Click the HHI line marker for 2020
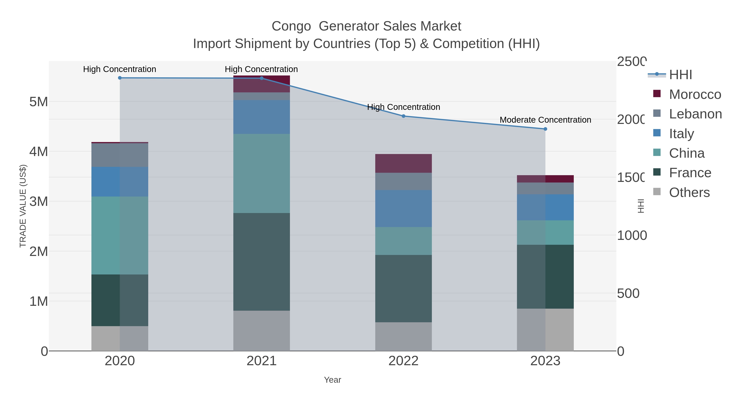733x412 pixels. (120, 78)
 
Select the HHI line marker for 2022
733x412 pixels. (404, 116)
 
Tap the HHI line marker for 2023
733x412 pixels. (545, 129)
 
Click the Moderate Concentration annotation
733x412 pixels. (545, 120)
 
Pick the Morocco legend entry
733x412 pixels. (694, 94)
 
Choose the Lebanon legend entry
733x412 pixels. (695, 114)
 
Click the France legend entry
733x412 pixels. (690, 173)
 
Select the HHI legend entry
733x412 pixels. (680, 75)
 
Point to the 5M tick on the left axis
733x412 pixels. (39, 102)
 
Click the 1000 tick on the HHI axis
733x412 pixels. (632, 235)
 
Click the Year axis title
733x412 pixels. (332, 380)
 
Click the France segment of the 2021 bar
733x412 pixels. (261, 262)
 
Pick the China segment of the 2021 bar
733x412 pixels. (261, 173)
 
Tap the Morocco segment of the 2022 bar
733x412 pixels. (404, 164)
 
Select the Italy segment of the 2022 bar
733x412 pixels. (404, 208)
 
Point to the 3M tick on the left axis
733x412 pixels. (39, 202)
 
